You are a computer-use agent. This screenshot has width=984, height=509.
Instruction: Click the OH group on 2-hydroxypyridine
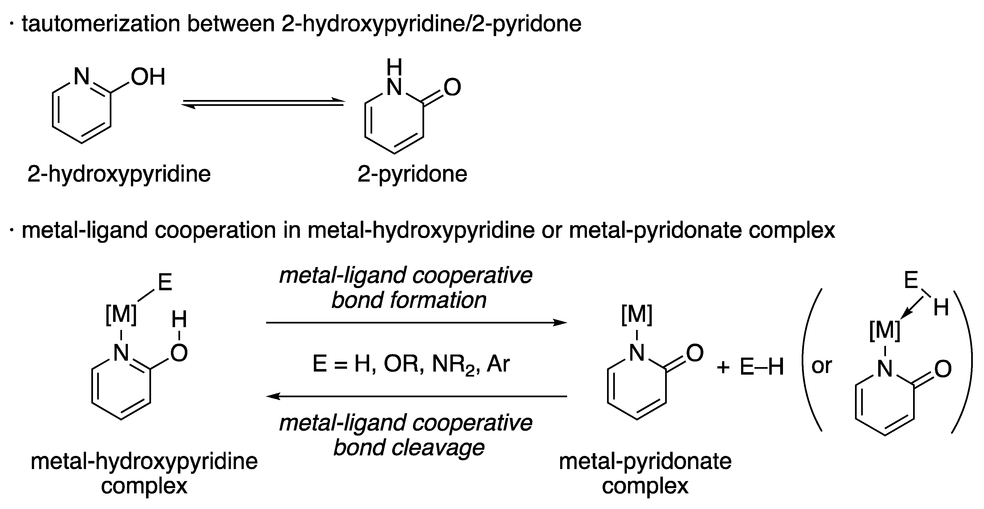pos(147,77)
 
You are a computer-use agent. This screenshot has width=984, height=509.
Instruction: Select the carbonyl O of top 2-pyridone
pos(452,87)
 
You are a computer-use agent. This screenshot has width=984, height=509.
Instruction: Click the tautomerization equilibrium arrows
pos(263,103)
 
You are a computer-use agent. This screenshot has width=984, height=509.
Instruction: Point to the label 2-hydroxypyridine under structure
pos(119,174)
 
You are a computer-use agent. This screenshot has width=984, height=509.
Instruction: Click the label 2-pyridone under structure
pos(412,174)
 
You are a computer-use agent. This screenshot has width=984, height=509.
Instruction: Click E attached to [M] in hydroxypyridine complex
pos(165,283)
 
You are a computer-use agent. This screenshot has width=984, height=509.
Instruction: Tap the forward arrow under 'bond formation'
pos(416,322)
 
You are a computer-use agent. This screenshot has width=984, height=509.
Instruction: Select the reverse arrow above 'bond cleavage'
pos(416,396)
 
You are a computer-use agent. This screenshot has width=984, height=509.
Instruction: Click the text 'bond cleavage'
pos(409,448)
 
